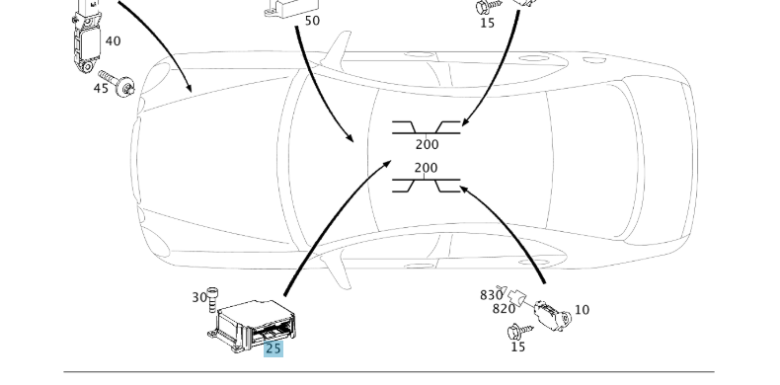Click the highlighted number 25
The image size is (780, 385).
pyautogui.click(x=273, y=348)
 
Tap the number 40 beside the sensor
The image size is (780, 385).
pyautogui.click(x=113, y=41)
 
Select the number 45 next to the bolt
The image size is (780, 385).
pyautogui.click(x=101, y=89)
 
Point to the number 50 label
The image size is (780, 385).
pyautogui.click(x=312, y=21)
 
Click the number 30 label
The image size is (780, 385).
pyautogui.click(x=199, y=297)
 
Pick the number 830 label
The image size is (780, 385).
pyautogui.click(x=491, y=295)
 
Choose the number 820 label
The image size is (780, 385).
pyautogui.click(x=504, y=309)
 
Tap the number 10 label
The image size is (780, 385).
pyautogui.click(x=582, y=310)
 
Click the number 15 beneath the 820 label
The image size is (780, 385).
pyautogui.click(x=517, y=346)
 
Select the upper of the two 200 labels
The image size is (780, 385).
pyautogui.click(x=427, y=145)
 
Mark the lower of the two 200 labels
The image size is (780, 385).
pyautogui.click(x=426, y=168)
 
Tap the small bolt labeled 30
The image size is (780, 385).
pyautogui.click(x=212, y=299)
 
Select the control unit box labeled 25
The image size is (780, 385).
pyautogui.click(x=252, y=326)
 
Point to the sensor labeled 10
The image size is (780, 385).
pyautogui.click(x=551, y=315)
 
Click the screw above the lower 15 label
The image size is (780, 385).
pyautogui.click(x=519, y=332)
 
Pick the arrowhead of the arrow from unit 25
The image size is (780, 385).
pyautogui.click(x=385, y=165)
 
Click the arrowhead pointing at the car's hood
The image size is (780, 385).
pyautogui.click(x=188, y=87)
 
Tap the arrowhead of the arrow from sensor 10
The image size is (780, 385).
pyautogui.click(x=465, y=189)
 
